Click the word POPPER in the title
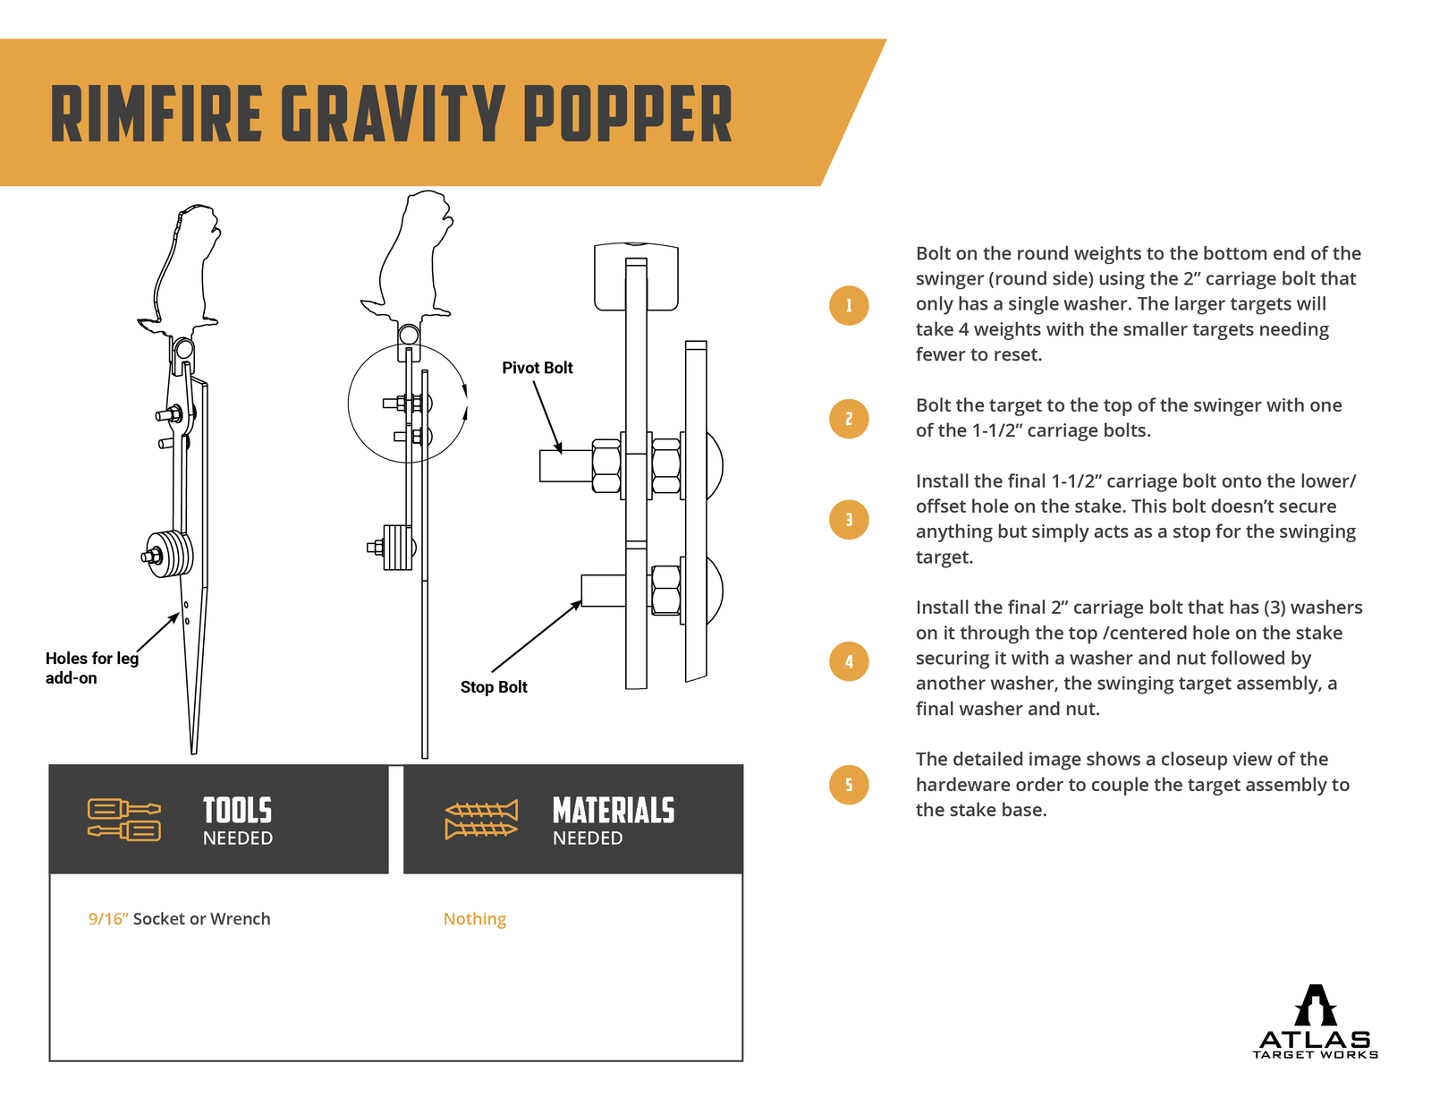pyautogui.click(x=627, y=115)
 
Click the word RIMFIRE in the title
pyautogui.click(x=157, y=115)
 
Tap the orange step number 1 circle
pyautogui.click(x=849, y=305)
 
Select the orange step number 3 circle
pyautogui.click(x=849, y=519)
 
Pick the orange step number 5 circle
pyautogui.click(x=849, y=785)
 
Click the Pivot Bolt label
pyautogui.click(x=537, y=368)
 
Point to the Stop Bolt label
pyautogui.click(x=494, y=687)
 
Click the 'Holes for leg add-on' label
pyautogui.click(x=91, y=668)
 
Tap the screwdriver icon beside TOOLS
pyautogui.click(x=124, y=819)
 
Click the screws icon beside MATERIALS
pyautogui.click(x=481, y=819)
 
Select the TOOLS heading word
pyautogui.click(x=237, y=811)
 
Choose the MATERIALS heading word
pyautogui.click(x=614, y=811)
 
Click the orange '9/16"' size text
pyautogui.click(x=108, y=919)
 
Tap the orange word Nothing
pyautogui.click(x=474, y=919)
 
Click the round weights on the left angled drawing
pyautogui.click(x=171, y=554)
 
